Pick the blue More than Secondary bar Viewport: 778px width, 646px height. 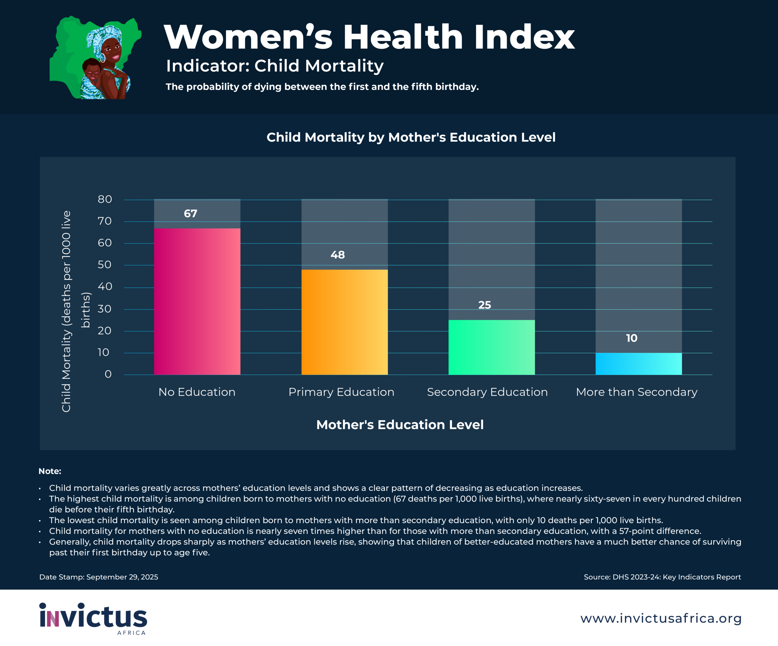[x=639, y=364]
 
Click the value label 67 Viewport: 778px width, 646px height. [x=191, y=213]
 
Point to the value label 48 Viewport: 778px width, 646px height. [x=338, y=255]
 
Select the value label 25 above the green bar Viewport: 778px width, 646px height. [x=485, y=305]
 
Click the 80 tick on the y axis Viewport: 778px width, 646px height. [x=105, y=199]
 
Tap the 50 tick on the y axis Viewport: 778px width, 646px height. [x=105, y=264]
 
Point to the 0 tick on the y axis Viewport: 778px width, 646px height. [x=108, y=374]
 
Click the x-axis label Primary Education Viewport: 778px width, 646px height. [x=341, y=392]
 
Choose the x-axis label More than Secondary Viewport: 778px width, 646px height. [x=636, y=392]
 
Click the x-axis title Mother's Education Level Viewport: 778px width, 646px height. [x=400, y=425]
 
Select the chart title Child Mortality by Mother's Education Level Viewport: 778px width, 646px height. [x=411, y=137]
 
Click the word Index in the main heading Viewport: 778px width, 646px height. [x=524, y=37]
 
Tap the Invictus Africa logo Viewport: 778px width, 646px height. [x=93, y=618]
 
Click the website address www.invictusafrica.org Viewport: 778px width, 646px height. [x=661, y=618]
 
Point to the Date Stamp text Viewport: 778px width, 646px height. [x=98, y=577]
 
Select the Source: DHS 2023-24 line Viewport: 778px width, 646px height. [x=662, y=577]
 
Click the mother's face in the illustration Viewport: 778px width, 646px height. [x=111, y=52]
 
